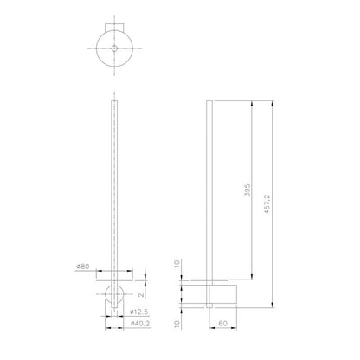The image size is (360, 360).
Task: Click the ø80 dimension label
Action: pos(83,267)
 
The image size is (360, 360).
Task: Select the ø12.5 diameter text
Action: pos(139,312)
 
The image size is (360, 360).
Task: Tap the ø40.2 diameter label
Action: pos(140,324)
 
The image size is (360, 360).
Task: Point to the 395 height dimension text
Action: pos(247,190)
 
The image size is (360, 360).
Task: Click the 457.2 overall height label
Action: pos(267,203)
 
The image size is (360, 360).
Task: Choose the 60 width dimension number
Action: pos(222,324)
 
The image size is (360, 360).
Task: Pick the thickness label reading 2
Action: pos(141,295)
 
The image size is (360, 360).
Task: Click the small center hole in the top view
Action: pos(114,48)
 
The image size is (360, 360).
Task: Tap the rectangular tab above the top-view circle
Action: pos(114,27)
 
